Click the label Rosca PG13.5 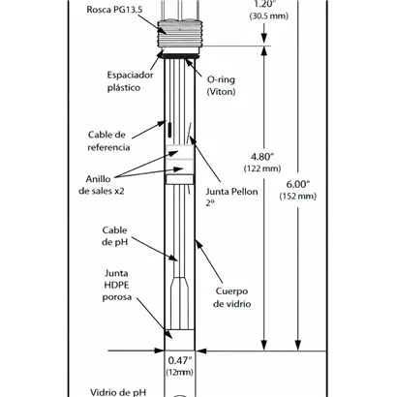[x=114, y=10]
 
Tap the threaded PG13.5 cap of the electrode [x=179, y=36]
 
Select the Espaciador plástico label [x=130, y=81]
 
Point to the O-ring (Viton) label [x=221, y=86]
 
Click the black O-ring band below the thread [x=180, y=56]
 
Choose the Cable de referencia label [x=108, y=141]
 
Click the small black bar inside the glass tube [x=169, y=129]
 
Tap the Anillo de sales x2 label [x=102, y=185]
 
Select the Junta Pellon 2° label [x=231, y=198]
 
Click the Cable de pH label [x=115, y=236]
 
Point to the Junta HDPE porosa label [x=117, y=286]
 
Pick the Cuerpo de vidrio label [x=231, y=297]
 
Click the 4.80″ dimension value [x=262, y=157]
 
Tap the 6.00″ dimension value [x=298, y=184]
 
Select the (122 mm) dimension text [x=262, y=168]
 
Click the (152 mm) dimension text [x=298, y=197]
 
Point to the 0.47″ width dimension [x=180, y=360]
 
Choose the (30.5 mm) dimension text [x=269, y=15]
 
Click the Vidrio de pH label [x=118, y=392]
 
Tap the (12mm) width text [x=180, y=372]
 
